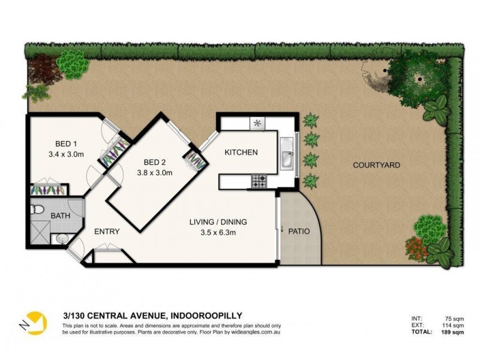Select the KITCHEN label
tap(241, 152)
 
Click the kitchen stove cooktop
tap(259, 181)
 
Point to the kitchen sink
tap(286, 154)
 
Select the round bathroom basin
tap(62, 238)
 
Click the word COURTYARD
tap(376, 165)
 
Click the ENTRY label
tap(107, 231)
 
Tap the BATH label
tap(60, 215)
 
